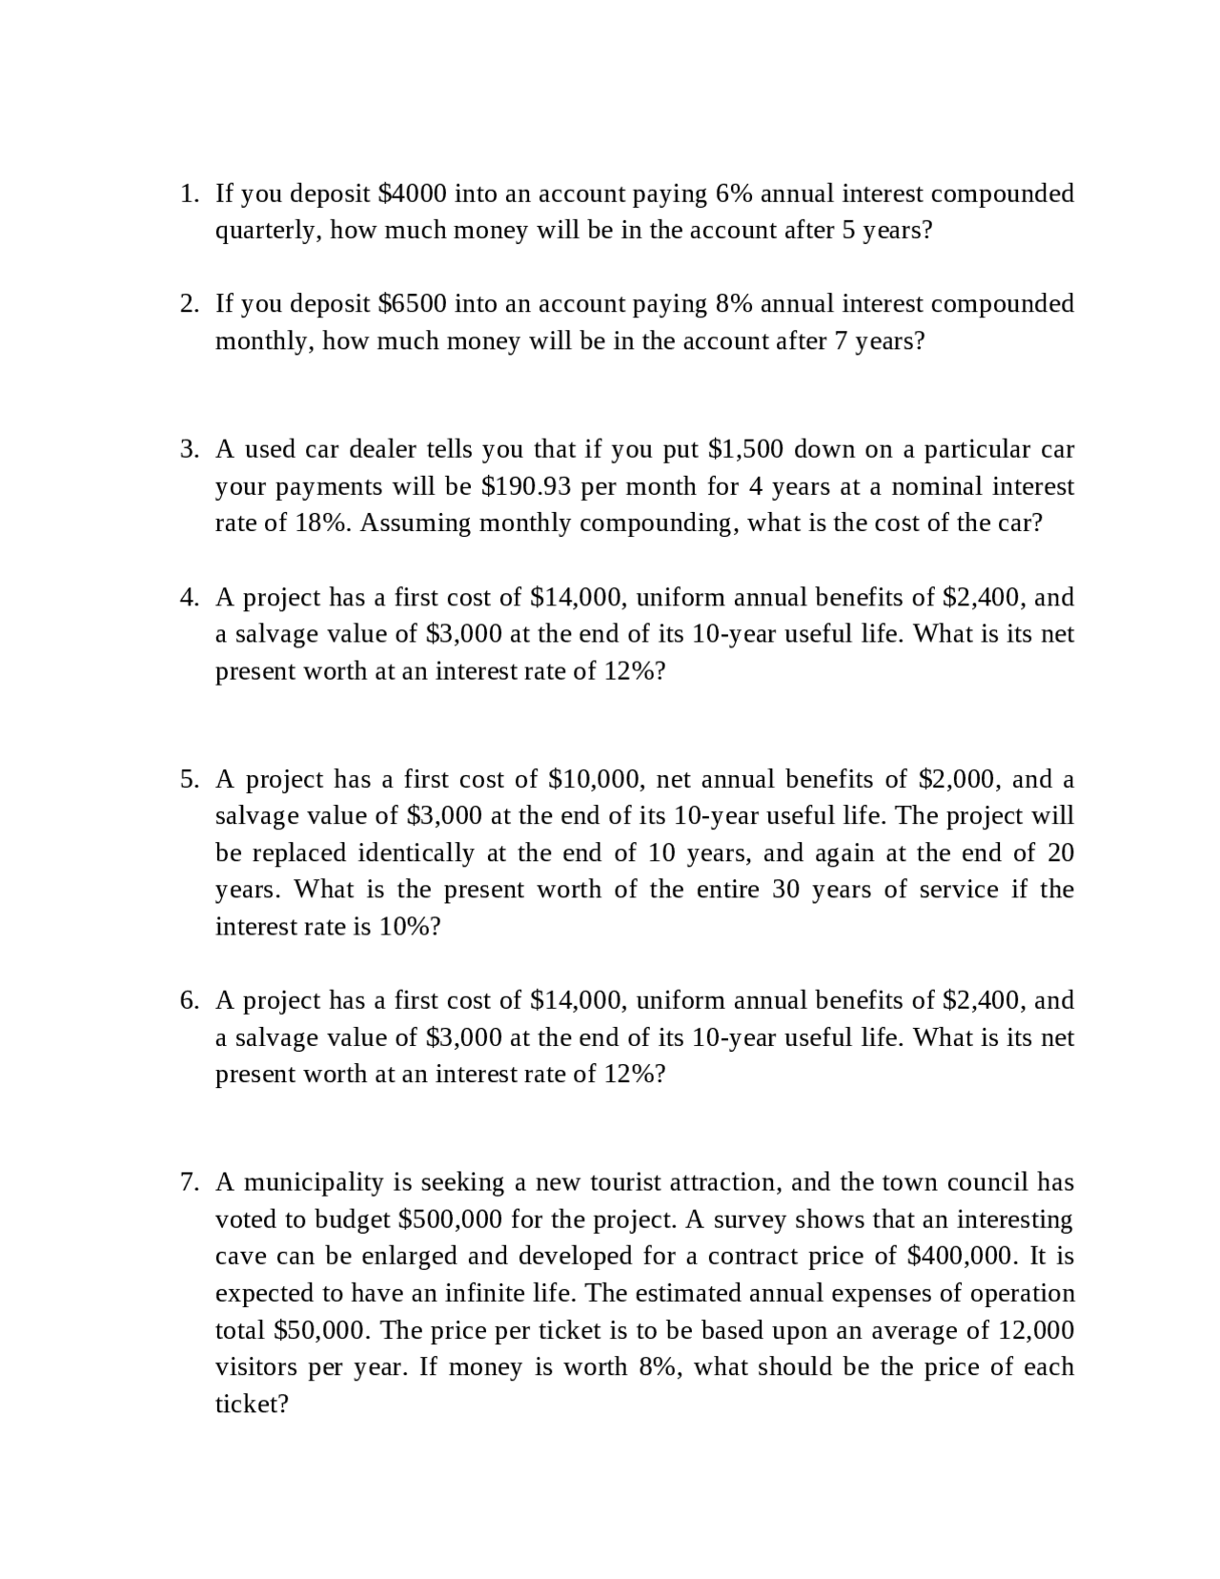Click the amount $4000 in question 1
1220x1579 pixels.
click(412, 194)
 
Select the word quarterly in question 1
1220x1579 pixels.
click(269, 231)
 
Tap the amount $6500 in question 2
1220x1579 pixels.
click(412, 304)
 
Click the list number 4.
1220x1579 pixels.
click(190, 598)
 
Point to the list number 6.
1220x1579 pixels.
click(190, 1000)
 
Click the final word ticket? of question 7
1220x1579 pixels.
click(252, 1405)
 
